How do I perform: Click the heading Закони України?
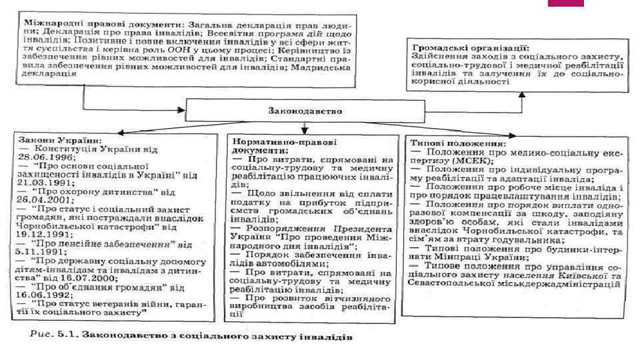tap(61, 142)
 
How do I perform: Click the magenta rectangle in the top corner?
tap(565, 3)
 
